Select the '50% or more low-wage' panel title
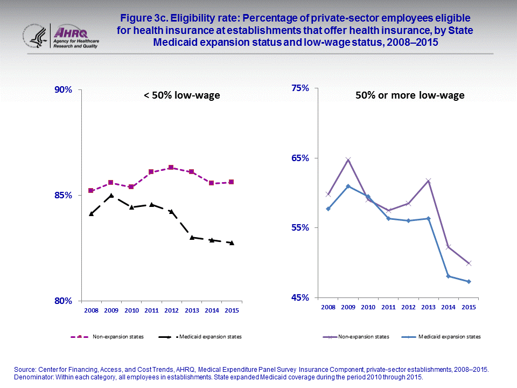pyautogui.click(x=410, y=96)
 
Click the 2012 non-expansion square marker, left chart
pyautogui.click(x=171, y=168)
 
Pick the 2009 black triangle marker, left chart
pyautogui.click(x=111, y=196)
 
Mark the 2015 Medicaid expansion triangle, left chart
pyautogui.click(x=232, y=243)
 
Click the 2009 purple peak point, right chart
pyautogui.click(x=348, y=160)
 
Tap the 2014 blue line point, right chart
pyautogui.click(x=448, y=276)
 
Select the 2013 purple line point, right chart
pyautogui.click(x=428, y=181)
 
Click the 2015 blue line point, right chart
pyautogui.click(x=469, y=281)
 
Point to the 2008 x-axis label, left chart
pyautogui.click(x=90, y=311)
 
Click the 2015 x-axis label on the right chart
pyautogui.click(x=469, y=307)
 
